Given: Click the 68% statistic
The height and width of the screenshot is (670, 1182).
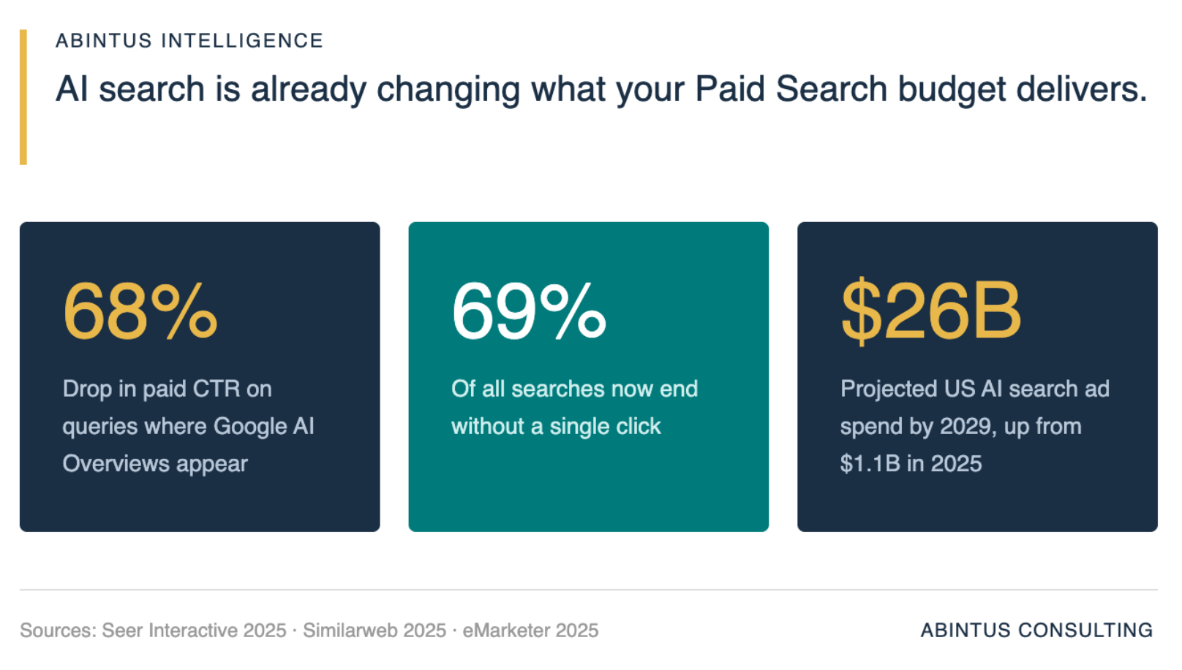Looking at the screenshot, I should [140, 312].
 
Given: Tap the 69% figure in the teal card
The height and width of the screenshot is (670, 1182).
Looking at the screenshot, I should [528, 312].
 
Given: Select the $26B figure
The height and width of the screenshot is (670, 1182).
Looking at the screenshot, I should [930, 312].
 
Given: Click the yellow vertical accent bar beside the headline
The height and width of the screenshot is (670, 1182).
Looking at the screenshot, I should [23, 97].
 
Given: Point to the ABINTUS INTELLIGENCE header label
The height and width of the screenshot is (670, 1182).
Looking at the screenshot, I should [189, 41].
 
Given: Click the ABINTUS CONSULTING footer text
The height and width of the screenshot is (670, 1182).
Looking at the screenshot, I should [1036, 630].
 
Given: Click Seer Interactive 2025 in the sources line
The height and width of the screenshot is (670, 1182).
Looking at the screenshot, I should [194, 630].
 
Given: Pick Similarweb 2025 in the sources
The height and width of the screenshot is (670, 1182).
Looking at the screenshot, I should [374, 630].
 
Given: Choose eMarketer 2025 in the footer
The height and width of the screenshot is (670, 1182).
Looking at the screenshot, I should [530, 630].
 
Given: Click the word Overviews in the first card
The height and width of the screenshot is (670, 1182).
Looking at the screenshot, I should [116, 463].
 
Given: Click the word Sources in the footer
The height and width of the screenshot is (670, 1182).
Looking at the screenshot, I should [56, 630].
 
